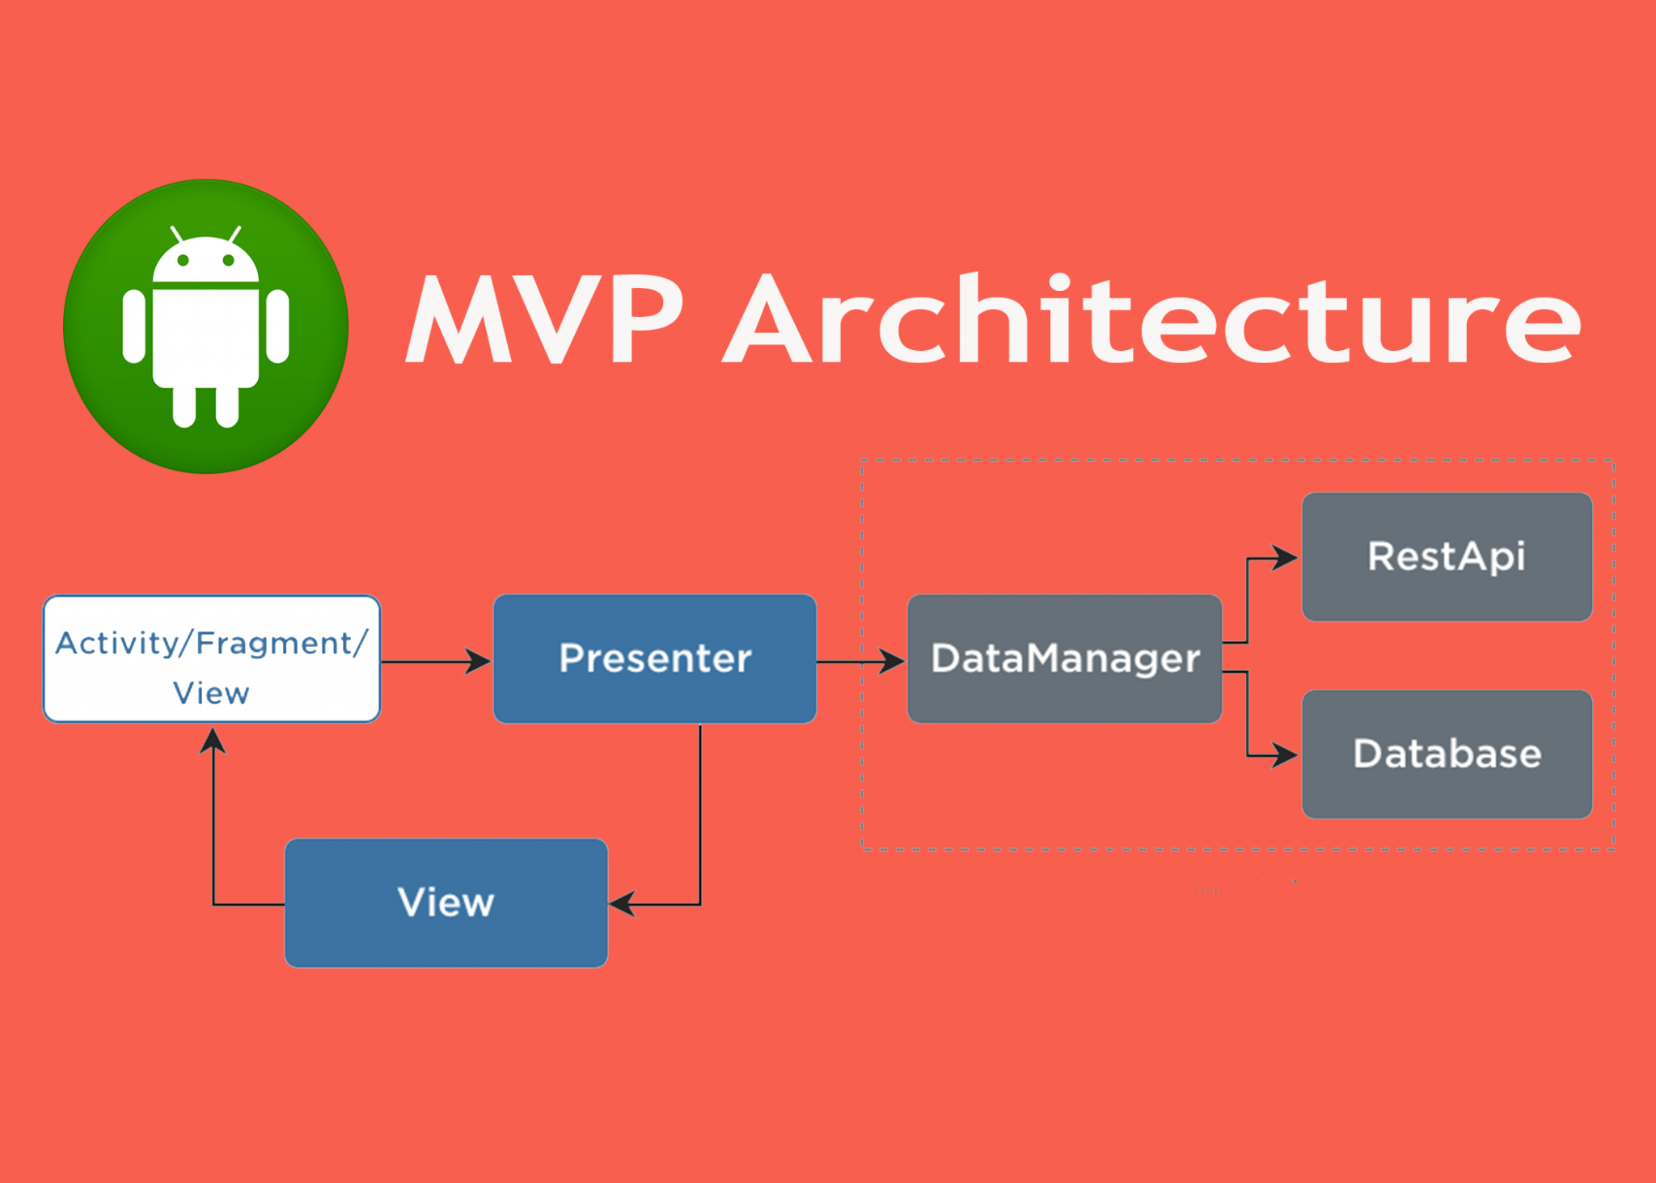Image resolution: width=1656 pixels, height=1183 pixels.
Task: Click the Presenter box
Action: pos(654,659)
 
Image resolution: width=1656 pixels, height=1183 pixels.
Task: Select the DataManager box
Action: pos(1064,659)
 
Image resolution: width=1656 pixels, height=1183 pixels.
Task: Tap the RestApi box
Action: pos(1446,557)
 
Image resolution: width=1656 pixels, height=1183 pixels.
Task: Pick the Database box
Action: pos(1446,754)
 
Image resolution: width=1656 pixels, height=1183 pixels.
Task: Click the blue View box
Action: pos(446,902)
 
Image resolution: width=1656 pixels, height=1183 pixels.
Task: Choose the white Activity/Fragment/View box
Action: pos(211,659)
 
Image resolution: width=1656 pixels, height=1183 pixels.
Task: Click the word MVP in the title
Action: pos(545,319)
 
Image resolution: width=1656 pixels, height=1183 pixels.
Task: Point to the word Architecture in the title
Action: pos(1151,319)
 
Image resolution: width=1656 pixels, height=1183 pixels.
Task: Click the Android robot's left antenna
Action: pos(175,234)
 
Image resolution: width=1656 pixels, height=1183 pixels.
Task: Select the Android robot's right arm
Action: pos(277,326)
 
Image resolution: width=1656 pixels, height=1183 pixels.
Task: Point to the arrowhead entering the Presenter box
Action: pos(479,661)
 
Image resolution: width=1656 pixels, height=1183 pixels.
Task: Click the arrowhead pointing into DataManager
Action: pos(893,661)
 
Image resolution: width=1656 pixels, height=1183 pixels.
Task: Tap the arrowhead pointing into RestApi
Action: pos(1286,558)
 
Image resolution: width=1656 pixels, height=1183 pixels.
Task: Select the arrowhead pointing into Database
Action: pos(1286,755)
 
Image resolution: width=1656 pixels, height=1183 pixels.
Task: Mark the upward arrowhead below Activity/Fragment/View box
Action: pos(213,740)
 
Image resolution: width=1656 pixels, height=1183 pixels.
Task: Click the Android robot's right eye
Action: pos(229,260)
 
